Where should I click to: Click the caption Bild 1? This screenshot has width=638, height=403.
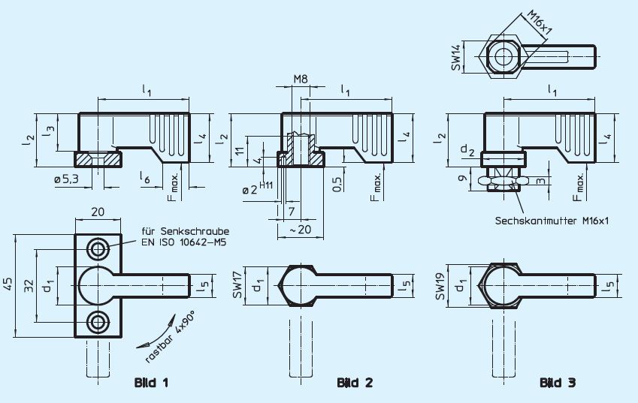point(150,383)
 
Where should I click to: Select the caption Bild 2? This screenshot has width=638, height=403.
point(355,383)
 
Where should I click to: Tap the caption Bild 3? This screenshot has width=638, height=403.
point(558,383)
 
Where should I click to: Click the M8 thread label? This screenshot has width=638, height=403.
point(301,79)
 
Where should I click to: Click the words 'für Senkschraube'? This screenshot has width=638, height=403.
point(185,230)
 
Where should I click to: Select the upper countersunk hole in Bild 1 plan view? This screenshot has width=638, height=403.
point(97,248)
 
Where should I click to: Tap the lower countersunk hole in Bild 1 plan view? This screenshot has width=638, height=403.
point(97,323)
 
